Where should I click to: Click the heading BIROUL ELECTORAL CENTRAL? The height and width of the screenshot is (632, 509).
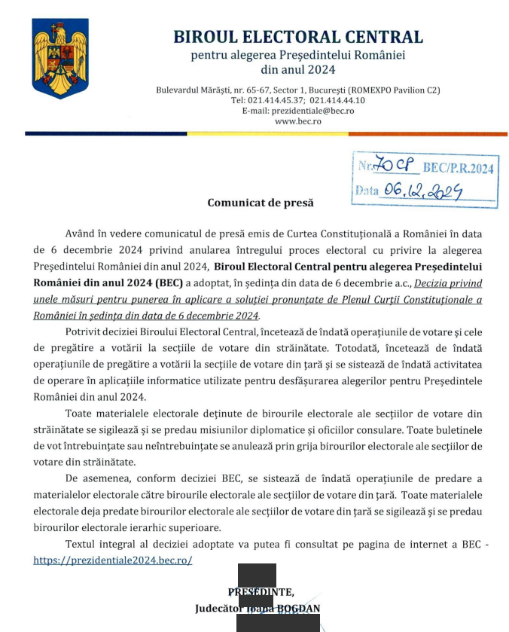click(x=298, y=36)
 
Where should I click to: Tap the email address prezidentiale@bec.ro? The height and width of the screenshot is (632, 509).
click(x=298, y=110)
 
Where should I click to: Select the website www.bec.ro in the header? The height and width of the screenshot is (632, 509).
click(x=298, y=121)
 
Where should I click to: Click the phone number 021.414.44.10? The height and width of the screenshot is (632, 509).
click(x=337, y=99)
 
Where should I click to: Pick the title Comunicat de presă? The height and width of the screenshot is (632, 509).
click(x=261, y=203)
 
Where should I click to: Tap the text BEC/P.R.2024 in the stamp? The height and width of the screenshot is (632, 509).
click(x=459, y=168)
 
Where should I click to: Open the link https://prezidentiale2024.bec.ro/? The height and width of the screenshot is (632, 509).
click(x=113, y=560)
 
